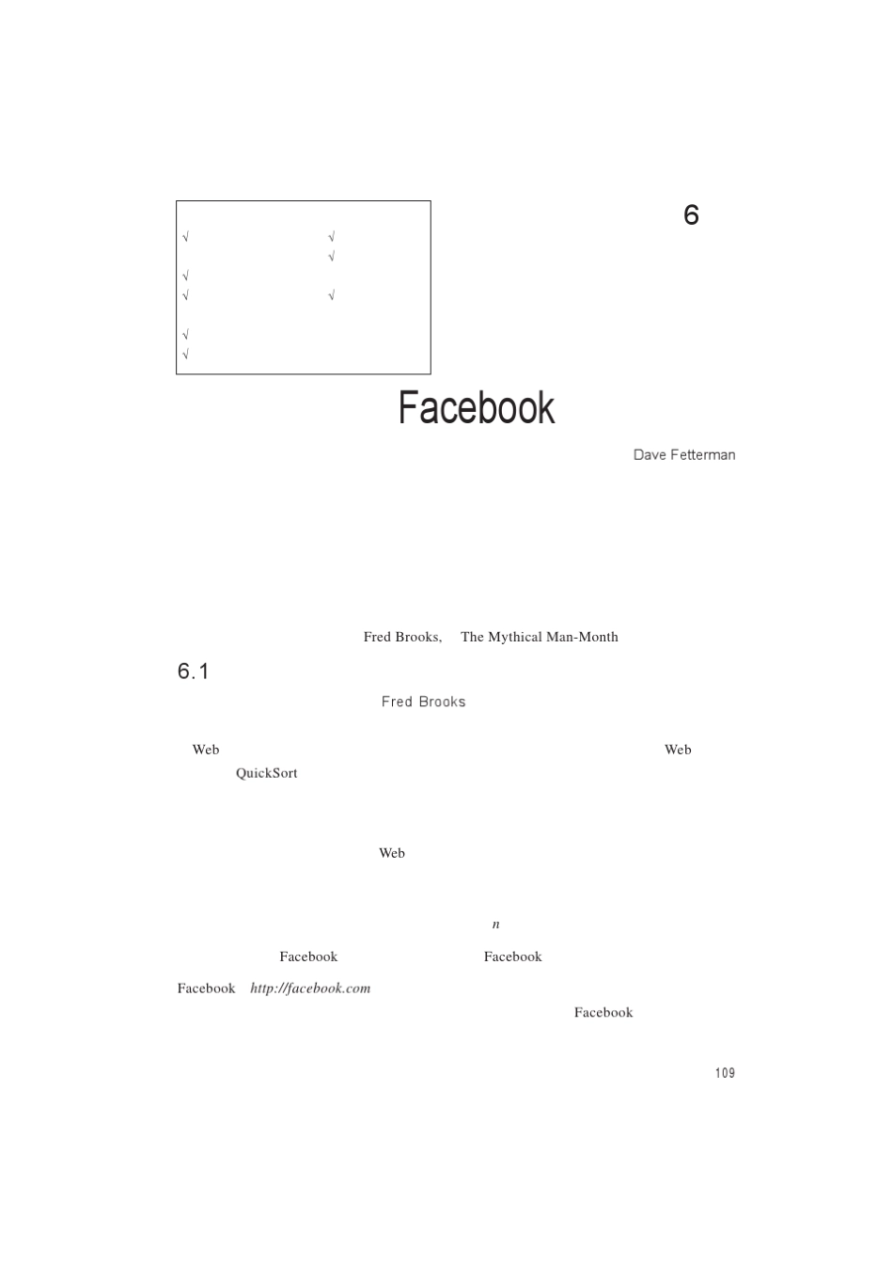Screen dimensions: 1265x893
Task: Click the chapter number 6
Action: coord(691,215)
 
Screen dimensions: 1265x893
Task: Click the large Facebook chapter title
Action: coord(477,408)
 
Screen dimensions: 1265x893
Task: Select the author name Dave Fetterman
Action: coord(683,455)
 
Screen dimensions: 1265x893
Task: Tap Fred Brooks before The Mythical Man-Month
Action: coord(401,637)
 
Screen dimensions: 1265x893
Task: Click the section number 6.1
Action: coord(193,672)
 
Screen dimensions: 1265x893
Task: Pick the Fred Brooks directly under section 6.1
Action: coord(423,702)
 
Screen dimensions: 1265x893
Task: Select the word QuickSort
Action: coord(266,773)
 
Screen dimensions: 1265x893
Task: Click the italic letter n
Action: coord(496,925)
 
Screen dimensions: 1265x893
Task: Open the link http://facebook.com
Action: coord(310,988)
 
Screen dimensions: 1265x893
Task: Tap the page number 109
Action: coord(725,1073)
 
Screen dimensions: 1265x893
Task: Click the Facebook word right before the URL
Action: coord(206,988)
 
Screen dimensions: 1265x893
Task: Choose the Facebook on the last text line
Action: coord(603,1013)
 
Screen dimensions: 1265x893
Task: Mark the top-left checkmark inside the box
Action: coord(186,237)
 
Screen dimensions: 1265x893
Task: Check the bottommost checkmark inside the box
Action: coord(186,355)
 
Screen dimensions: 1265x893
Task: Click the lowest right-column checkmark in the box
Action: coord(332,296)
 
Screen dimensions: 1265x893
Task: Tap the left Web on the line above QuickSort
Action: coord(206,750)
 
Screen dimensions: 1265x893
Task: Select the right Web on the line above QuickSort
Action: coord(678,750)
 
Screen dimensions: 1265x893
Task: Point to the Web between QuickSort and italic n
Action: coord(392,853)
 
